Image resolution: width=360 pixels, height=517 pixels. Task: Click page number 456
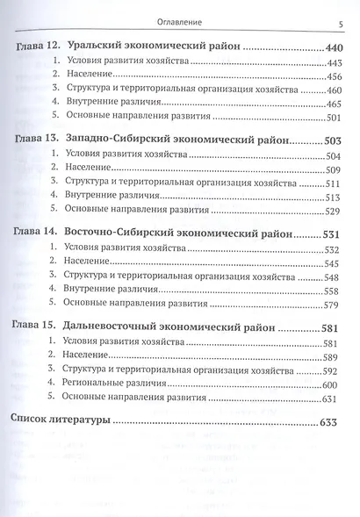coord(338,76)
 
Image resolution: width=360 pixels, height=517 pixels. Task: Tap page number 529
coord(338,212)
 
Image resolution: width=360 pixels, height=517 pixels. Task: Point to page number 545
coord(338,263)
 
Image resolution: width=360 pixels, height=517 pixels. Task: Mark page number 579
coord(338,305)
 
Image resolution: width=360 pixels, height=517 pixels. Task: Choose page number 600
coord(338,384)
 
